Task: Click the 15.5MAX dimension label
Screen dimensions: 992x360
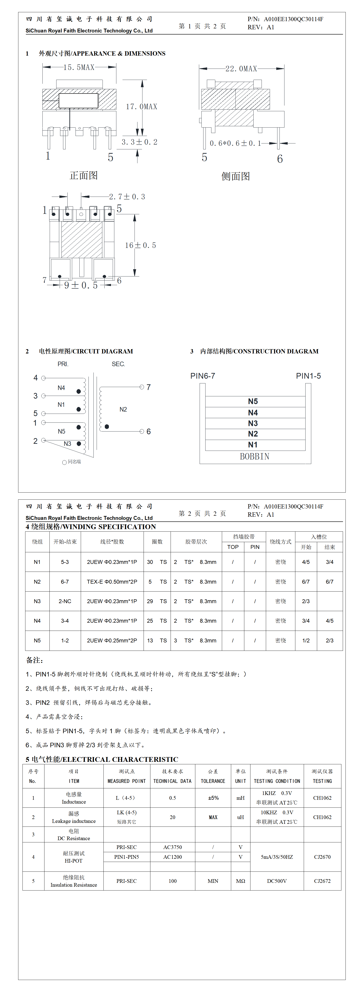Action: click(79, 67)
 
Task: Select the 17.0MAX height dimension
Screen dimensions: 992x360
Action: click(142, 107)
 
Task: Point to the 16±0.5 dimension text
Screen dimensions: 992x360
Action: click(141, 245)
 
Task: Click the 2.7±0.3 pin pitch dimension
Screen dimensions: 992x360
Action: click(127, 197)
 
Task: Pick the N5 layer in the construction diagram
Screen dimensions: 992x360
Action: click(253, 401)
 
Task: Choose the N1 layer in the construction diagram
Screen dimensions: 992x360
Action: click(253, 445)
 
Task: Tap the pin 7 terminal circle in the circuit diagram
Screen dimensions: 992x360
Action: click(142, 387)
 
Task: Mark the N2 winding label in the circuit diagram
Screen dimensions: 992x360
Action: click(123, 409)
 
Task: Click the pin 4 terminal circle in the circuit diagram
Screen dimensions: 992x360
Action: click(44, 378)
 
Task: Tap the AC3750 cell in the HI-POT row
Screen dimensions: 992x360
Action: click(172, 847)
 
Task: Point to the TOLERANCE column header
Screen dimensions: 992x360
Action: click(213, 781)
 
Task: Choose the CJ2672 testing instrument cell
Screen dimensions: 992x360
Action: click(322, 881)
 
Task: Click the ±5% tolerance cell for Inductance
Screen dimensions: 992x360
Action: click(213, 798)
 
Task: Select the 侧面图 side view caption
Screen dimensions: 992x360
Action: click(236, 176)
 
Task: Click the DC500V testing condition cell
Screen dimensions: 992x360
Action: click(277, 881)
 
